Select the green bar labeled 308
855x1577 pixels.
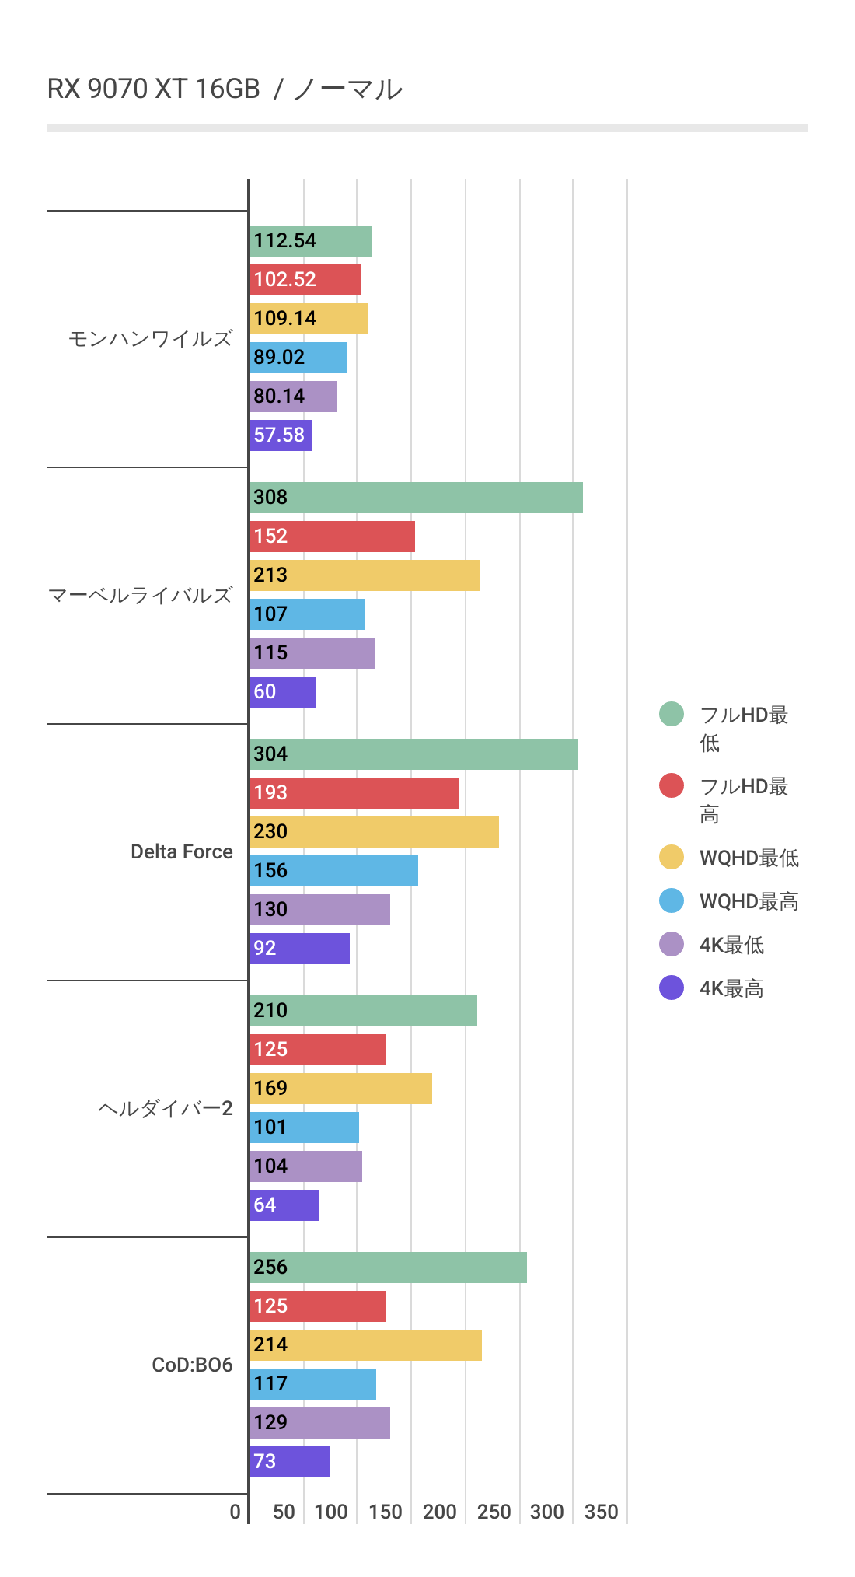[x=416, y=498]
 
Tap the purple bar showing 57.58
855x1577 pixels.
[x=281, y=435]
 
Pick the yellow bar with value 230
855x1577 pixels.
[x=374, y=832]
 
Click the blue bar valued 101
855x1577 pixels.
[x=304, y=1128]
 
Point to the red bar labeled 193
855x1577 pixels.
[x=354, y=793]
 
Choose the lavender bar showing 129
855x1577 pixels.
[x=319, y=1423]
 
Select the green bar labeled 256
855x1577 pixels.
[x=388, y=1268]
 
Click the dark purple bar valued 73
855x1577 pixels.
[x=289, y=1462]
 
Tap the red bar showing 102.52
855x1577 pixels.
[x=305, y=280]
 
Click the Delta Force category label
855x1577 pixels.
[x=181, y=851]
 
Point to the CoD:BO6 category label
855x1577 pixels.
[x=192, y=1365]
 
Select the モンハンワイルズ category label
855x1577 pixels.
[x=150, y=339]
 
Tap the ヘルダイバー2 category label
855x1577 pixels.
[x=165, y=1108]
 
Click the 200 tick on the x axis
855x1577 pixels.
[x=439, y=1512]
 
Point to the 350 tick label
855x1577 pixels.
[x=601, y=1512]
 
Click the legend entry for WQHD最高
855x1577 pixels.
[x=749, y=901]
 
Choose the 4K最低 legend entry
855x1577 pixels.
[x=731, y=945]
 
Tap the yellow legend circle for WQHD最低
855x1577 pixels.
[x=672, y=857]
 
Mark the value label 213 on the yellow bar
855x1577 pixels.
[x=270, y=575]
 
